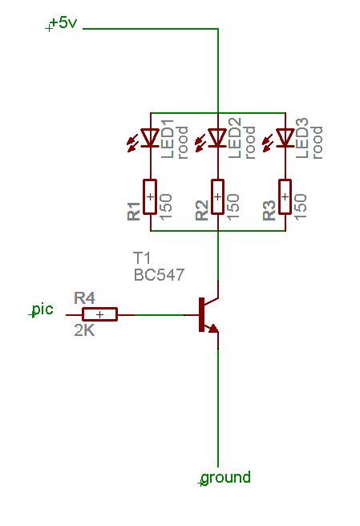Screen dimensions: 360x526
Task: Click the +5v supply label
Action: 63,23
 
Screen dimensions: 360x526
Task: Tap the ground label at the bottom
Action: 226,477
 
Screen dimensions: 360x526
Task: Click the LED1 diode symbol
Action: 150,138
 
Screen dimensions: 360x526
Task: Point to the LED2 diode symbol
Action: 218,138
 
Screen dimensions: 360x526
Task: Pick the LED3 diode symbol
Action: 285,138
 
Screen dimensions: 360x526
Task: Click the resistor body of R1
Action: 150,196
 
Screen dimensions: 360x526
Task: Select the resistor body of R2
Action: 218,196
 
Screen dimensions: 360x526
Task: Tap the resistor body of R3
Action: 285,196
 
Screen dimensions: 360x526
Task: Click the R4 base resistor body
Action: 100,314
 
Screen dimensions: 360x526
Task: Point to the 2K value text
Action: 84,331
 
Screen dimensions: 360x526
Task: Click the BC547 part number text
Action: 159,275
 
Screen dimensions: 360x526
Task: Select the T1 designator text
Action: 142,258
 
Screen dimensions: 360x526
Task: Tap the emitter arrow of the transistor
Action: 214,329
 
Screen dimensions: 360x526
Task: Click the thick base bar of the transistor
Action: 201,314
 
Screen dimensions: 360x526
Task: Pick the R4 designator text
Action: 84,297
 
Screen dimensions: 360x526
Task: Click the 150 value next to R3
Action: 301,206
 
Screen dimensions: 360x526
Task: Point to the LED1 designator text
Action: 168,138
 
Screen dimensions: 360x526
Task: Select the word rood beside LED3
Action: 317,143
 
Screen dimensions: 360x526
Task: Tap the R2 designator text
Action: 202,210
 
